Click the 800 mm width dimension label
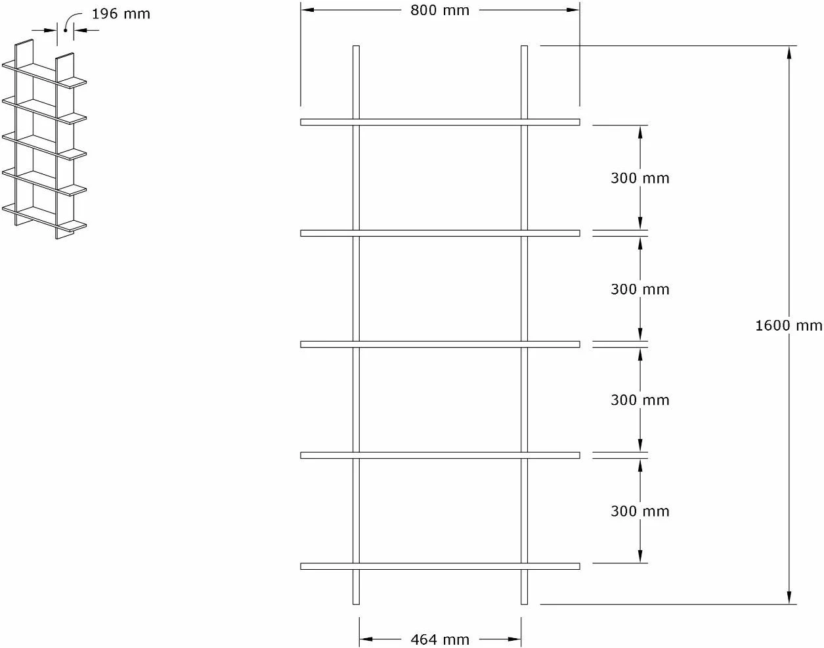pos(440,11)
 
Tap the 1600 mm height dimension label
pos(789,325)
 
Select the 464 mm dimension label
pos(440,639)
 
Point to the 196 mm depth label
pos(121,14)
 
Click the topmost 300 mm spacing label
pos(640,178)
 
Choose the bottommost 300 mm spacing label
pos(640,511)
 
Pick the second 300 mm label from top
pos(640,289)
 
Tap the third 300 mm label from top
pos(640,400)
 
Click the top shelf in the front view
pos(440,122)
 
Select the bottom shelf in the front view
pos(440,566)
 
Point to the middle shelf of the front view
pos(440,344)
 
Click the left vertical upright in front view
pos(356,325)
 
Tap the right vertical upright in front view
pos(524,325)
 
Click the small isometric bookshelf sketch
pos(45,139)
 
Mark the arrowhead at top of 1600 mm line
pos(789,53)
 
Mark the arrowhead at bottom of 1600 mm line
pos(789,597)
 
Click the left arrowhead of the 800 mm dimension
pos(307,10)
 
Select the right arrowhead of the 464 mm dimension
pos(514,639)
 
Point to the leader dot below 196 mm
pos(65,30)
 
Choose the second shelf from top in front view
pos(440,233)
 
